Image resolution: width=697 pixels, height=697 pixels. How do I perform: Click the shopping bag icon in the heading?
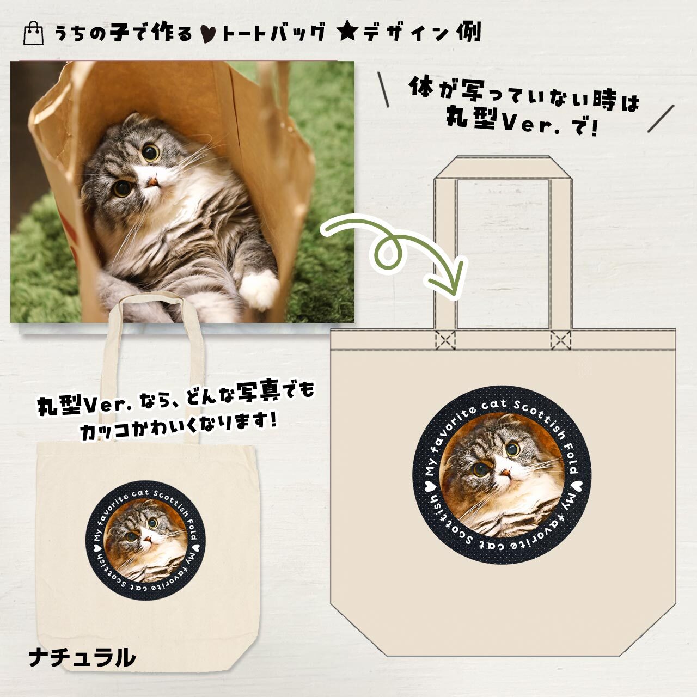click(33, 33)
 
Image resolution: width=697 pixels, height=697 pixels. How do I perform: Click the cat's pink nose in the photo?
click(152, 181)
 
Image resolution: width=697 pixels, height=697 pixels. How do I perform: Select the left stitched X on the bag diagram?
click(445, 340)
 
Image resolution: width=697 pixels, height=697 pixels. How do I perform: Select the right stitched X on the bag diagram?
click(560, 340)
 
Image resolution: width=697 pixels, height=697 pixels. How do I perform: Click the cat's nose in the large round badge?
click(506, 472)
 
